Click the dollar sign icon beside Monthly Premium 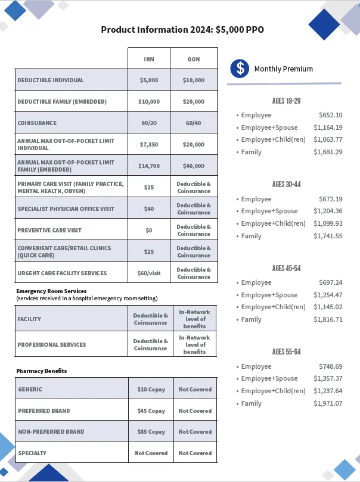(x=240, y=69)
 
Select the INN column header (x=149, y=59)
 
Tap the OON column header (x=194, y=59)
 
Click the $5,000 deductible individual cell (x=149, y=80)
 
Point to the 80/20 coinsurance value (x=149, y=123)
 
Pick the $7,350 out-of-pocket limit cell (x=149, y=144)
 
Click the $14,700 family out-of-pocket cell (x=149, y=166)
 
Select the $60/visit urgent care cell (x=149, y=273)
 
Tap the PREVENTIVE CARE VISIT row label (x=49, y=230)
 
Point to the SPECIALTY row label (x=32, y=453)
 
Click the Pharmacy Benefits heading (x=42, y=371)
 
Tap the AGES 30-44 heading (x=286, y=185)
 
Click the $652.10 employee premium (x=331, y=115)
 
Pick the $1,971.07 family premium (x=328, y=403)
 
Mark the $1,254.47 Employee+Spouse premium (x=328, y=295)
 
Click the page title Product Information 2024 (x=182, y=30)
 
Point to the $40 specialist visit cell (x=149, y=209)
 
